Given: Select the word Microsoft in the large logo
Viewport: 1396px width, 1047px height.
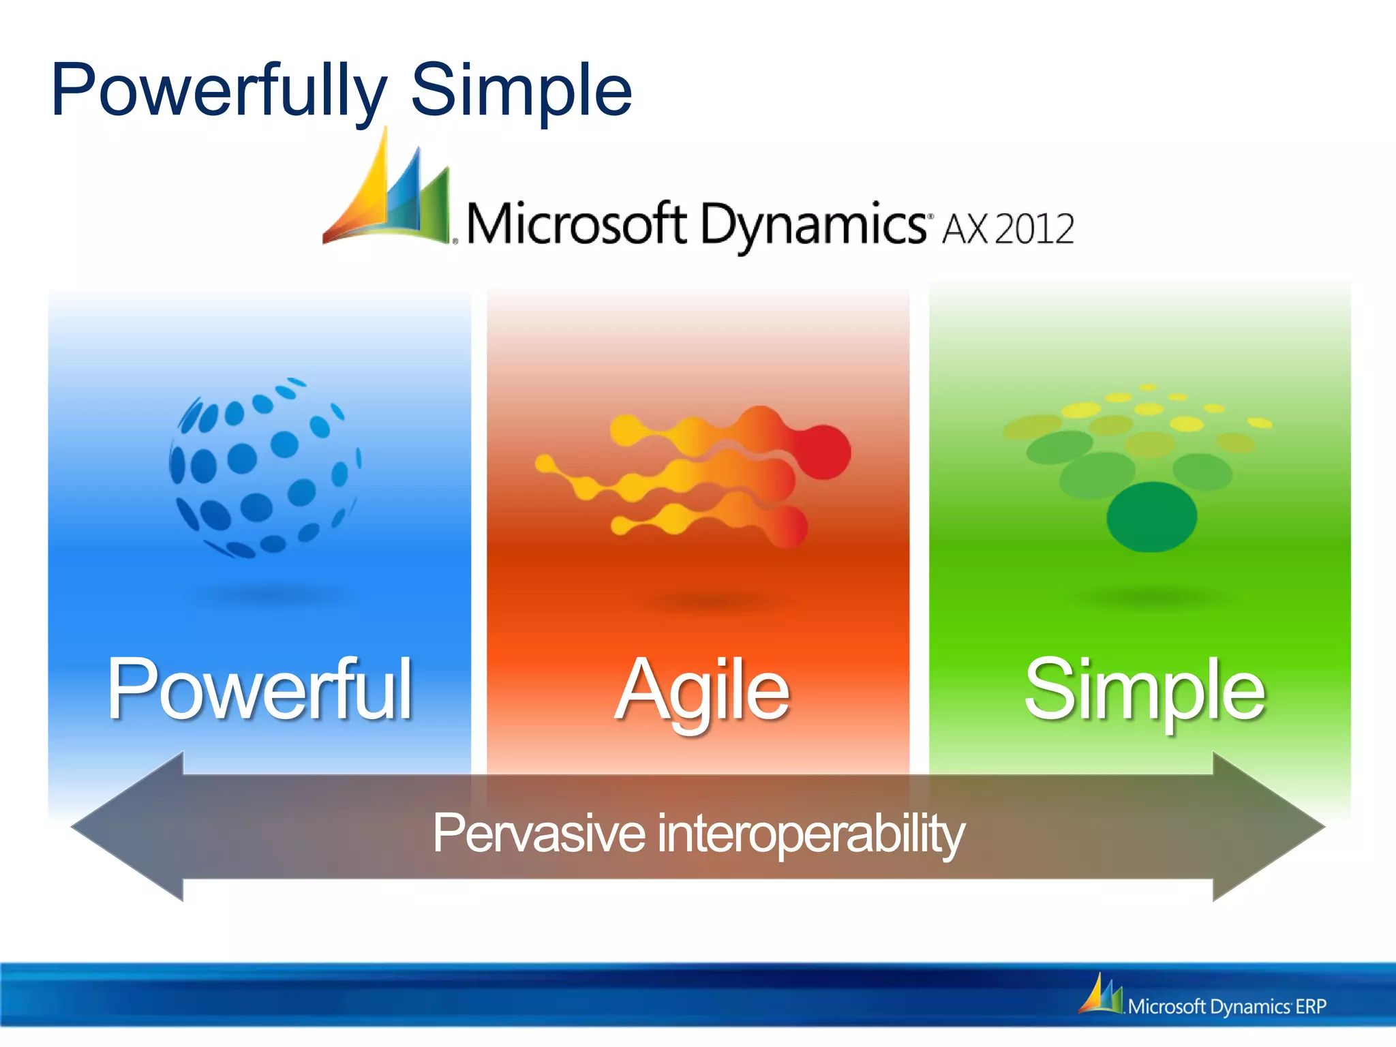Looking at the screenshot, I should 576,225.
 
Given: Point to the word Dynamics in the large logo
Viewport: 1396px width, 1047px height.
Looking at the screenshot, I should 811,225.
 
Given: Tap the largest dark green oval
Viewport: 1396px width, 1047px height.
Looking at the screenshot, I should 1151,517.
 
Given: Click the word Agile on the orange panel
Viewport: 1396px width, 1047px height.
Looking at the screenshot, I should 702,690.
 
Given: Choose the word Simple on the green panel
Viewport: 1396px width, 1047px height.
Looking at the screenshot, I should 1144,690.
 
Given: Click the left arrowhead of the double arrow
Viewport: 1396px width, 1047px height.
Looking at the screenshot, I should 130,827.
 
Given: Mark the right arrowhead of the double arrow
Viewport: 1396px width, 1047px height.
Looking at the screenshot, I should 1268,827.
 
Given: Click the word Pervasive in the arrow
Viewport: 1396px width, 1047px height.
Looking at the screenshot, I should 538,833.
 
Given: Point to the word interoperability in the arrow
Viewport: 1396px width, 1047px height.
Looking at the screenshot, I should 811,833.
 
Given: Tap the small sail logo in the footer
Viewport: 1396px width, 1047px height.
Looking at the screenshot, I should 1100,995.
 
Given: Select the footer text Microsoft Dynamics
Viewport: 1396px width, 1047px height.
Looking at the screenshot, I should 1208,1007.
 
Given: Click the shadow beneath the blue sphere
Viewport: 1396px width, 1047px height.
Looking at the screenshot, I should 266,594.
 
